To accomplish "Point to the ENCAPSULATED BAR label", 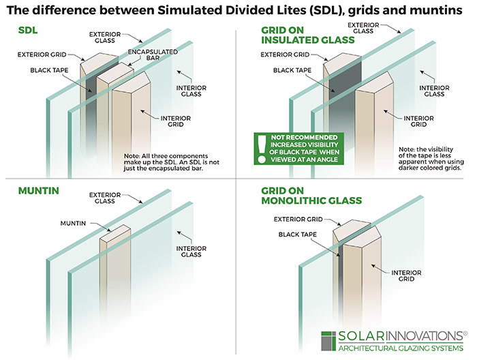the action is pyautogui.click(x=146, y=56).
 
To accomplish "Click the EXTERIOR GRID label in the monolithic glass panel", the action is pyautogui.click(x=298, y=220).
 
